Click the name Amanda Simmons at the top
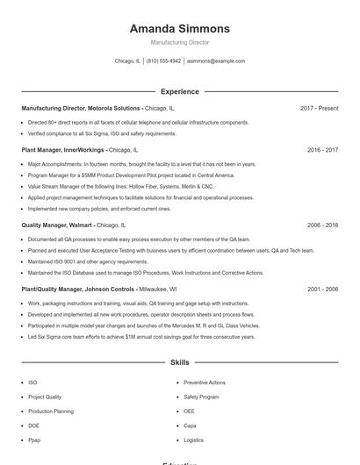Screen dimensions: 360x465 (x=180, y=28)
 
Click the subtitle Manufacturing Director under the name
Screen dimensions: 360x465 (x=180, y=42)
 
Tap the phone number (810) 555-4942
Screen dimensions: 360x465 (x=163, y=61)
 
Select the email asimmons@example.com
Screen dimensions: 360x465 (x=216, y=61)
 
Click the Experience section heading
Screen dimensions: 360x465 (x=180, y=91)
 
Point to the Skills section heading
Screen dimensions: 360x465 (x=180, y=361)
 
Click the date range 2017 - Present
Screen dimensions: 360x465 (x=319, y=108)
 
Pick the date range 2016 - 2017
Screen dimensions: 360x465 (x=322, y=150)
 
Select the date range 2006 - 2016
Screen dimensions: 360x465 (x=322, y=225)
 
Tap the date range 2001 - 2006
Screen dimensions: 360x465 (x=322, y=289)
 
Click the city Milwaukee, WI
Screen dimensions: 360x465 (x=158, y=289)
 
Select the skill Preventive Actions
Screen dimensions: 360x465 (x=205, y=383)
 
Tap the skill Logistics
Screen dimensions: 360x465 (x=194, y=440)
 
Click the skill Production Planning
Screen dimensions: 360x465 (x=51, y=411)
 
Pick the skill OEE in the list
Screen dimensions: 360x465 (x=190, y=411)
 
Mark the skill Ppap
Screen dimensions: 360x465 (x=34, y=440)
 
